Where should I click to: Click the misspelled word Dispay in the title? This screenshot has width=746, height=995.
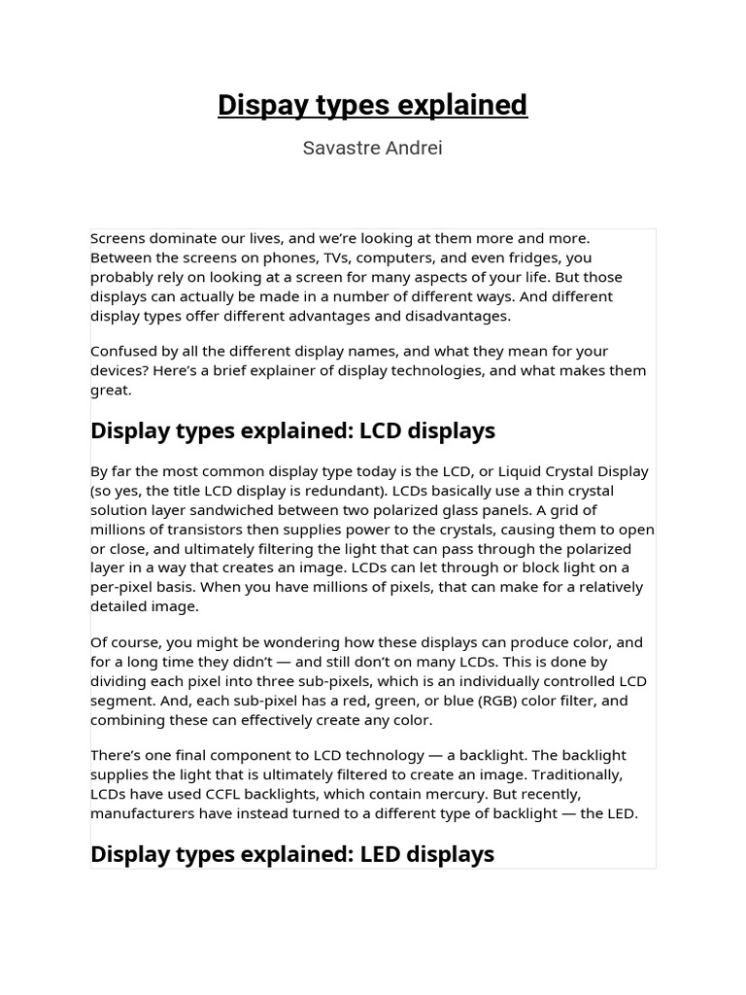coord(255,105)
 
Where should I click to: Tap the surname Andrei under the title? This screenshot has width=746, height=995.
coord(414,149)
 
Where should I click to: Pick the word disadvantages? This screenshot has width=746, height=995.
coord(458,316)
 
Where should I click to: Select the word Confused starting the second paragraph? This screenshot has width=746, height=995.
coord(123,351)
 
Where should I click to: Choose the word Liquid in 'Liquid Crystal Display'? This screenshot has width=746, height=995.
coord(527,471)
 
